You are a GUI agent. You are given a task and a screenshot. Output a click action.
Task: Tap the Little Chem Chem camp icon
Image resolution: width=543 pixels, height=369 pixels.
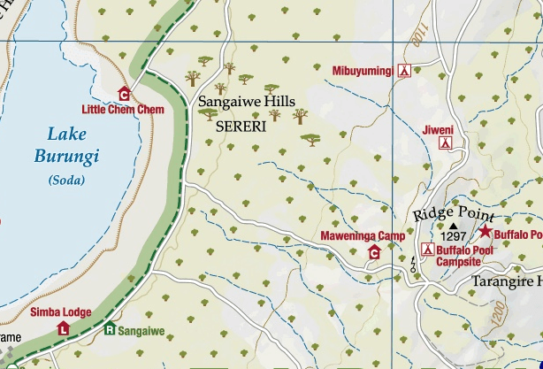click(x=124, y=94)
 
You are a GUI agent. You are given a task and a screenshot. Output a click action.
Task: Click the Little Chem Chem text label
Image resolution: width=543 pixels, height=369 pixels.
click(x=123, y=110)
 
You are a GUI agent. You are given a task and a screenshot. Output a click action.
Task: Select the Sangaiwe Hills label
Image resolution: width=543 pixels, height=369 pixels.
click(x=245, y=103)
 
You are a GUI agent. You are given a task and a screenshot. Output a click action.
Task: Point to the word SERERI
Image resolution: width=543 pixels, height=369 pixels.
click(x=241, y=127)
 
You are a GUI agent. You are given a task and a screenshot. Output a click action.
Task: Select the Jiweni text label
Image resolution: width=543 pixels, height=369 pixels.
click(x=439, y=129)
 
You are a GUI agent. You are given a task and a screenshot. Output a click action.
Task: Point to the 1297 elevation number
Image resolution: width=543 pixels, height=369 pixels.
click(x=453, y=237)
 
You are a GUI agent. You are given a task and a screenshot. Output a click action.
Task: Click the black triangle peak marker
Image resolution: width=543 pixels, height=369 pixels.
click(x=454, y=227)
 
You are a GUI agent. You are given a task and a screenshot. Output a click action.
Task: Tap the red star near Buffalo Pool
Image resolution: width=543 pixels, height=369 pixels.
click(x=485, y=232)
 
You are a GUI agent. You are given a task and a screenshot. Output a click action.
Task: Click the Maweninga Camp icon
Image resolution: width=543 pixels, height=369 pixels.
click(x=374, y=253)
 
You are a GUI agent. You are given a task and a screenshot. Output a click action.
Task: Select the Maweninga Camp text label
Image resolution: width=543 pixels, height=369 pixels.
click(x=362, y=236)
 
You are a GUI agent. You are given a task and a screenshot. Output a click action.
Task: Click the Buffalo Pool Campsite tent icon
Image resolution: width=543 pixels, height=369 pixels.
click(x=426, y=251)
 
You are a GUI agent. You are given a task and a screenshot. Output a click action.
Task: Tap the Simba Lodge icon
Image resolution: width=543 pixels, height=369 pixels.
click(x=64, y=328)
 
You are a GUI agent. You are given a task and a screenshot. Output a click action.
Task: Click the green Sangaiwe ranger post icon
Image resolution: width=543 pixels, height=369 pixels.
click(x=111, y=330)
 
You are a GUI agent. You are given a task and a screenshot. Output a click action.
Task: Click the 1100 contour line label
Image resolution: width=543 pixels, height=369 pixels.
click(x=417, y=38)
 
